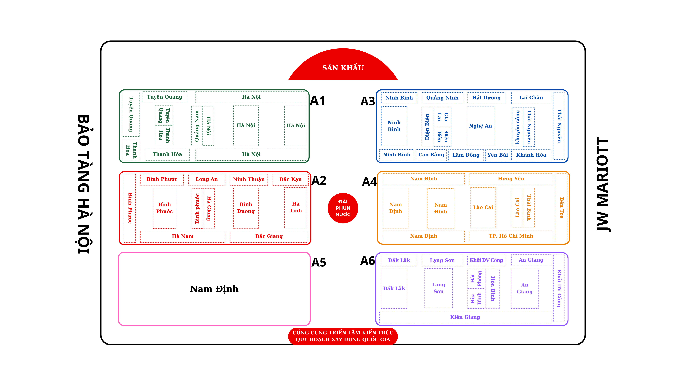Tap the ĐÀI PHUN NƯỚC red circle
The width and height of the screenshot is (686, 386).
(x=343, y=208)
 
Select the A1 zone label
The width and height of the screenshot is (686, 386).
(x=318, y=101)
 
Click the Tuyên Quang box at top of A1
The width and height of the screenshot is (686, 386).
(x=164, y=97)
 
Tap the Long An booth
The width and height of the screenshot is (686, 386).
(x=207, y=179)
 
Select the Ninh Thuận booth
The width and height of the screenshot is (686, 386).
(x=249, y=179)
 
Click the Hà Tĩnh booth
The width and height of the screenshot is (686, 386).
(x=296, y=207)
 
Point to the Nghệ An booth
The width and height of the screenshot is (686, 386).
(x=480, y=126)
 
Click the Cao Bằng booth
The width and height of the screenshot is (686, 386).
(x=431, y=155)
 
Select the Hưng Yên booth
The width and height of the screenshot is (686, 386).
(x=511, y=179)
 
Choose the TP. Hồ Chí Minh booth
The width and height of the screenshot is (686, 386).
(x=511, y=236)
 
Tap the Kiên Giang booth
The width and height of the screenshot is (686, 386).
(x=465, y=317)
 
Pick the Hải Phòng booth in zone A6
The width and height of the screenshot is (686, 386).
(x=476, y=279)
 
